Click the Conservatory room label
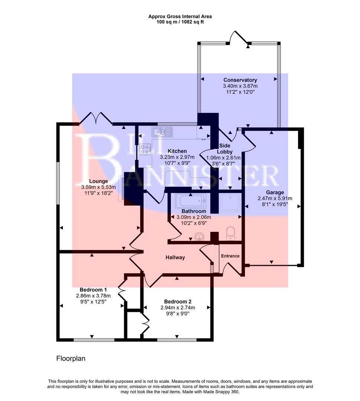[240, 80]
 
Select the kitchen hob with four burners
[145, 149]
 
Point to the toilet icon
[231, 233]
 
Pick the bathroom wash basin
[200, 237]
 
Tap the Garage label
[275, 192]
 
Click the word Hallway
[175, 257]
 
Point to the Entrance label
[230, 256]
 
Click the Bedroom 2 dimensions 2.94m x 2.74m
[178, 307]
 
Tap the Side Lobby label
[225, 149]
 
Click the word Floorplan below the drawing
[71, 359]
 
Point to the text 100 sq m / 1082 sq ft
[180, 22]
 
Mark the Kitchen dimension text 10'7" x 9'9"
[177, 163]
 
